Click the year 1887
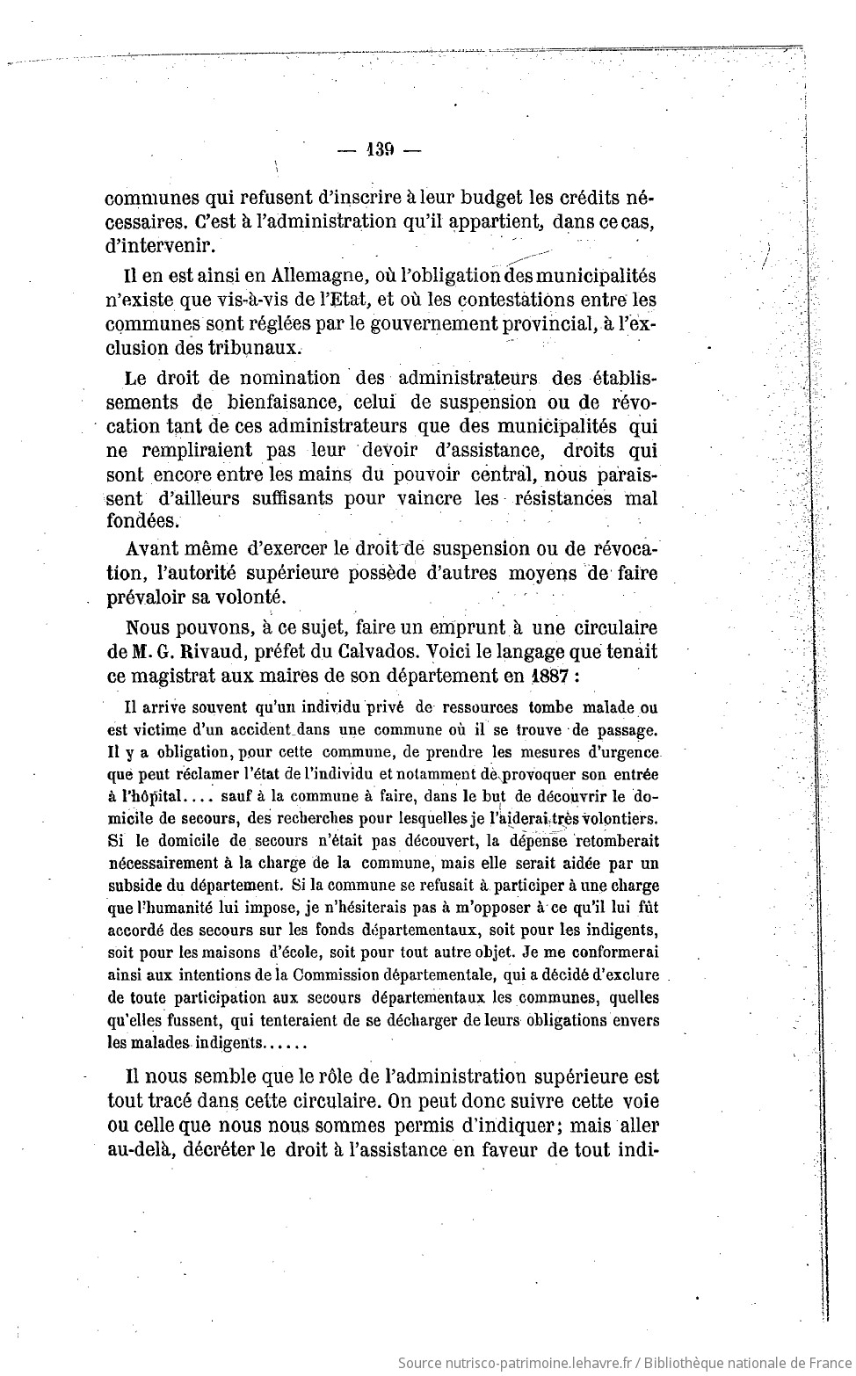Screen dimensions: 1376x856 coord(532,677)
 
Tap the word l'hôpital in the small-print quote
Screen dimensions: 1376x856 coord(151,797)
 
